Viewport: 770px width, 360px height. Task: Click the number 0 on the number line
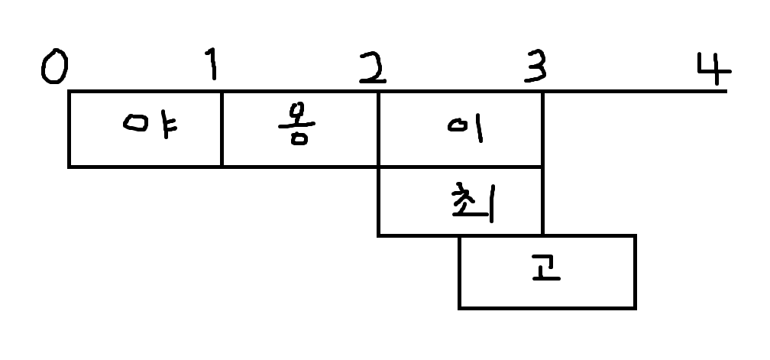53,68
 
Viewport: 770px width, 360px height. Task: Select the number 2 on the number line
374,70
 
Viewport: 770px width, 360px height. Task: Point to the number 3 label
535,70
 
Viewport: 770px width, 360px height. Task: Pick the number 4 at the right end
713,70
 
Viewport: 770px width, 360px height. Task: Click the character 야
150,125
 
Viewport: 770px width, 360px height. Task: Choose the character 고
546,270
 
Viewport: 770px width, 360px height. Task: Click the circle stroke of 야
137,124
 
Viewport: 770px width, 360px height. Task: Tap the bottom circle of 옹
298,139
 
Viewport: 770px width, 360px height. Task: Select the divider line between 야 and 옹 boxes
222,128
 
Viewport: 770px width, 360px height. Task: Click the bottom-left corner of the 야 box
70,165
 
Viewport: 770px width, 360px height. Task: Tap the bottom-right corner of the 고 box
635,307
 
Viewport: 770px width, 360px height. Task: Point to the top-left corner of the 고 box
459,235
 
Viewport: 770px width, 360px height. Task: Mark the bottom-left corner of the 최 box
379,234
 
